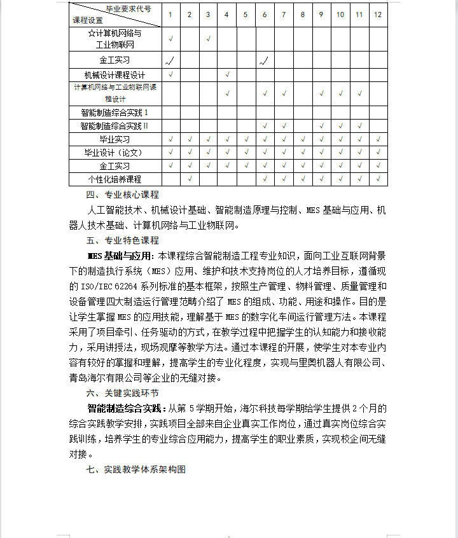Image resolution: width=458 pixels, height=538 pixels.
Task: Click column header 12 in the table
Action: tap(378, 14)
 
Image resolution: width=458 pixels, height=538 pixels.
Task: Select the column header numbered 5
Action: tap(246, 14)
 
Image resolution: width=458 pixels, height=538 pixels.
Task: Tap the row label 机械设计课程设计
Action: tap(114, 75)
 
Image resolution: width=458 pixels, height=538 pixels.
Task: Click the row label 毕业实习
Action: tap(114, 139)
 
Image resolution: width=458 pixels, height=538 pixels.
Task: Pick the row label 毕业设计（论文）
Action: tap(114, 153)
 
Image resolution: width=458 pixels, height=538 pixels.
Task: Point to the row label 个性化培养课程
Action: tap(114, 179)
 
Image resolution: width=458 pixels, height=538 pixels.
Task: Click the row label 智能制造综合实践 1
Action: tap(114, 112)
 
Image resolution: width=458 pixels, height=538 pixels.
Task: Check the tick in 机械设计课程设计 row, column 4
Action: tap(227, 75)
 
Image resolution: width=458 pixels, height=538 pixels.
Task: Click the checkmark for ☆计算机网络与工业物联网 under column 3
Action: tap(209, 39)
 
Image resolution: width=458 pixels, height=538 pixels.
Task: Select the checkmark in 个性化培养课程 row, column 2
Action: tap(190, 179)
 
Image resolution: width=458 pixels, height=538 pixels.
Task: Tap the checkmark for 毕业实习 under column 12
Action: tap(378, 139)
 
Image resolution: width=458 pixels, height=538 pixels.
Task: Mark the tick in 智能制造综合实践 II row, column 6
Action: tap(265, 126)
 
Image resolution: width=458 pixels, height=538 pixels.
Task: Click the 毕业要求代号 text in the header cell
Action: tap(128, 9)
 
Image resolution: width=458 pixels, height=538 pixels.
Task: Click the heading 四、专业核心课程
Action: tap(123, 195)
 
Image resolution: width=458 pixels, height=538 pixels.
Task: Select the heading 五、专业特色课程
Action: tap(123, 240)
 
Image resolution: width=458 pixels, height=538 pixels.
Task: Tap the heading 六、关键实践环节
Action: tap(123, 393)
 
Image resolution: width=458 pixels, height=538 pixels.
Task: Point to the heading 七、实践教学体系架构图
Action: tap(136, 469)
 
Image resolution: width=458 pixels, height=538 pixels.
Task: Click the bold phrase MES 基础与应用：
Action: tap(121, 256)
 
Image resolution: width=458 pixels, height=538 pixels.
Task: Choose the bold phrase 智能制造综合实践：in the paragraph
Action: tap(127, 408)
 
